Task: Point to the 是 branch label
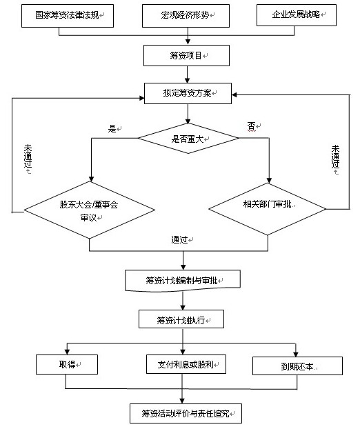112,128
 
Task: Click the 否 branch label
252,126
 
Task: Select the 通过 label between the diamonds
179,239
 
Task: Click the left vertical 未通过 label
28,157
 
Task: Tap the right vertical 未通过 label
335,157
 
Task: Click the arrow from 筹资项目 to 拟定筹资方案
187,74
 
